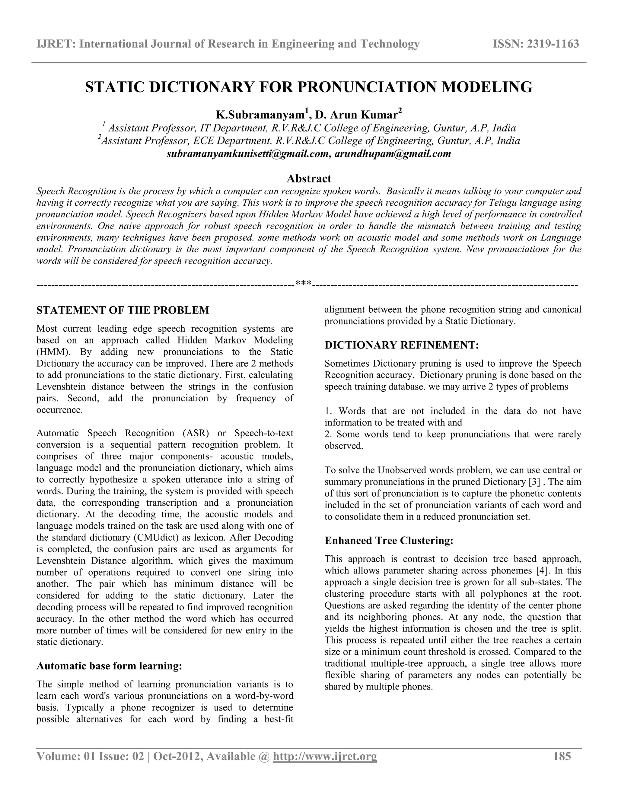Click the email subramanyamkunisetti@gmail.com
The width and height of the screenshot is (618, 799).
click(x=247, y=154)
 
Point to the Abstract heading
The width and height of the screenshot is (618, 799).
click(x=309, y=178)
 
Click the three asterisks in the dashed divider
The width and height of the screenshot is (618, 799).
click(x=304, y=283)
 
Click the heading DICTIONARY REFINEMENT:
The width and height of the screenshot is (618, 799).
click(x=402, y=345)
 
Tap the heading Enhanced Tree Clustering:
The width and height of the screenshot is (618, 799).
click(x=389, y=540)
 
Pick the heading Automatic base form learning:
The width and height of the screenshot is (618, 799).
click(x=109, y=666)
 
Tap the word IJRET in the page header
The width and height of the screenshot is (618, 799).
click(x=55, y=44)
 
